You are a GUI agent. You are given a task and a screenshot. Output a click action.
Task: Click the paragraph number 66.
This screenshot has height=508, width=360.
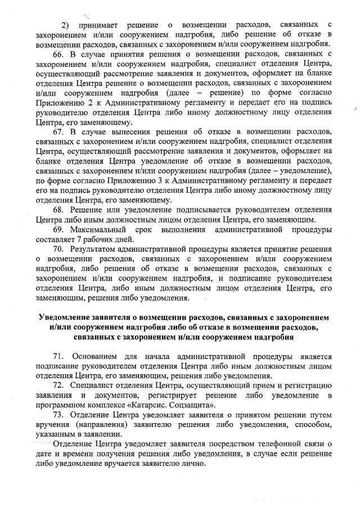point(58,54)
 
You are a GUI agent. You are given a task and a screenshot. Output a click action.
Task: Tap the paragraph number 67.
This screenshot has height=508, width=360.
point(58,131)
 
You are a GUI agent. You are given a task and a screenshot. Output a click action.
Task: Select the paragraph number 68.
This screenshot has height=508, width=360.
point(58,209)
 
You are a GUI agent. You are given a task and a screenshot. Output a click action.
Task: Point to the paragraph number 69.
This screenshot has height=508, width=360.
point(58,229)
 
